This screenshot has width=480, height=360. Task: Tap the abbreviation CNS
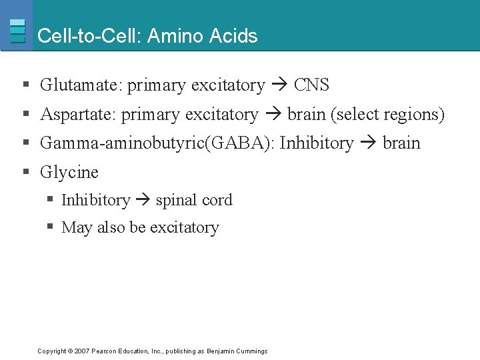click(x=311, y=85)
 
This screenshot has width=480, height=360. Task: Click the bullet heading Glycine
click(x=69, y=172)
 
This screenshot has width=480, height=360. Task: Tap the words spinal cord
click(x=194, y=200)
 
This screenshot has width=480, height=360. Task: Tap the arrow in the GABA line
click(x=368, y=143)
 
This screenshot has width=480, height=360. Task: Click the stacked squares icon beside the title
click(x=18, y=31)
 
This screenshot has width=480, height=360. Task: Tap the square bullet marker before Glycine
click(x=25, y=172)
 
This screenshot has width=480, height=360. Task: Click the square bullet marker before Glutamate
click(x=25, y=85)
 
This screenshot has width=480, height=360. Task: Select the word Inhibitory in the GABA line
click(x=317, y=143)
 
